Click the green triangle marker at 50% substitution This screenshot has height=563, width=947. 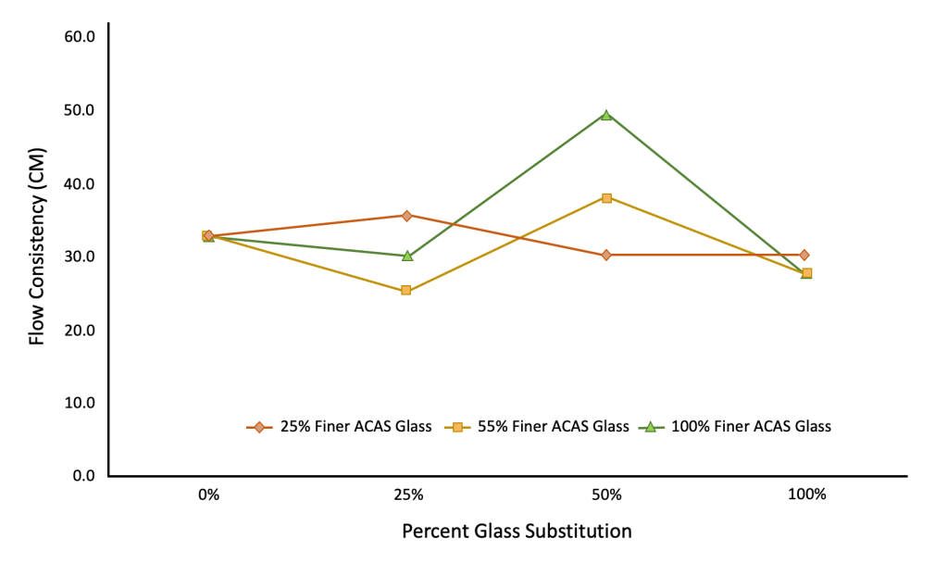pyautogui.click(x=606, y=115)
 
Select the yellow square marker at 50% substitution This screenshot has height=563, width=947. pyautogui.click(x=606, y=198)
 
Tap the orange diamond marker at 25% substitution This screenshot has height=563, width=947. pyautogui.click(x=406, y=216)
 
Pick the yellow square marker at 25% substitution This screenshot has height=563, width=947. pyautogui.click(x=406, y=291)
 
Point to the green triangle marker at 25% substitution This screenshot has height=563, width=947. pyautogui.click(x=406, y=256)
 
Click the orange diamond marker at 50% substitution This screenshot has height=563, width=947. pyautogui.click(x=606, y=255)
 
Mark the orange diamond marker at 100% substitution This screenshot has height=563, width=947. pyautogui.click(x=804, y=255)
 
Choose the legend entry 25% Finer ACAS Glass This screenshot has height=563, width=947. pyautogui.click(x=339, y=427)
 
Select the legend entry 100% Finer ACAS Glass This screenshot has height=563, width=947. pyautogui.click(x=737, y=427)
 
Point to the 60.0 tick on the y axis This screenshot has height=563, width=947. pyautogui.click(x=79, y=37)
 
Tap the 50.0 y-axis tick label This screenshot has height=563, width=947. pyautogui.click(x=79, y=110)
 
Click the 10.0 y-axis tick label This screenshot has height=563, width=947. pyautogui.click(x=79, y=403)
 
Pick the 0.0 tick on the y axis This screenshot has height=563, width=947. pyautogui.click(x=82, y=476)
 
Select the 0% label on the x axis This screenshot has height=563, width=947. pyautogui.click(x=208, y=494)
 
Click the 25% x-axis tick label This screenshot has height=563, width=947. pyautogui.click(x=407, y=494)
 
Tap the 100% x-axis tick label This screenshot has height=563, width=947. pyautogui.click(x=806, y=494)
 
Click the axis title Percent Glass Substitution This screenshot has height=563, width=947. pyautogui.click(x=517, y=532)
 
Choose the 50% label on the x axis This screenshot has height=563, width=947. pyautogui.click(x=606, y=494)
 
